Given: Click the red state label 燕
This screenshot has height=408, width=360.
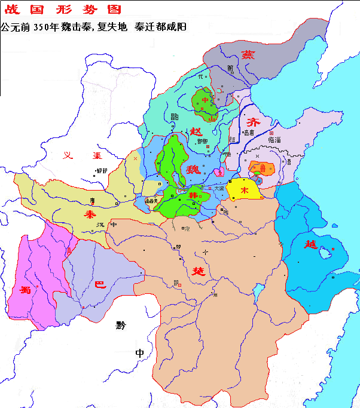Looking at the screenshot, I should [247, 54].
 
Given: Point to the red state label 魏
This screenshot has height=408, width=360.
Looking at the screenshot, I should [193, 169].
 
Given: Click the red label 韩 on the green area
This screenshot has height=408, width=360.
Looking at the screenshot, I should [193, 195].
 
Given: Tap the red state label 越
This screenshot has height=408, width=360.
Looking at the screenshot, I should [309, 244].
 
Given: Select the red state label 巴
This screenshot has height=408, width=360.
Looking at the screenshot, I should [100, 285].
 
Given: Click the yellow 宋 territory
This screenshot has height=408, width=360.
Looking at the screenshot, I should [245, 188].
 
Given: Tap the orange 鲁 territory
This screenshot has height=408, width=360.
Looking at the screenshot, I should [263, 168].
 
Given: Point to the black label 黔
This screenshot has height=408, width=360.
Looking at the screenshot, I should [121, 326].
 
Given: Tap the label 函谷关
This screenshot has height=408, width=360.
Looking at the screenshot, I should [152, 201].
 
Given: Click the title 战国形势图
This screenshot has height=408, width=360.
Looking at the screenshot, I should [63, 10].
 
